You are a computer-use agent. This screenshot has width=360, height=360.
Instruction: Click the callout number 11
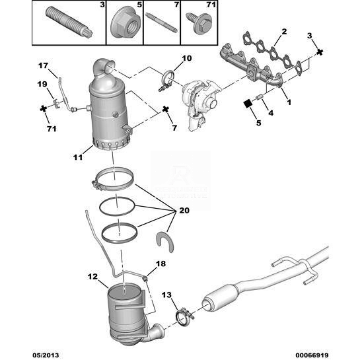point(78,157)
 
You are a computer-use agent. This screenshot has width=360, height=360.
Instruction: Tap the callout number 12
point(92,277)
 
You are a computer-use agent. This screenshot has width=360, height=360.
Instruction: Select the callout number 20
point(184,210)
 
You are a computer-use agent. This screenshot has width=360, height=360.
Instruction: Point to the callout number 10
point(187,58)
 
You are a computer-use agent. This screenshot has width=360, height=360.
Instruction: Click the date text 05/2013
point(46,355)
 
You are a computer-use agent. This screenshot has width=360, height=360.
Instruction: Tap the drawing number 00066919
point(312,355)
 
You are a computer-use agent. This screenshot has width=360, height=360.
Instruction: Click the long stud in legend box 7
point(161,22)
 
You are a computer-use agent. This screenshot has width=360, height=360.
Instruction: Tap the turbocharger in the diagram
point(199,103)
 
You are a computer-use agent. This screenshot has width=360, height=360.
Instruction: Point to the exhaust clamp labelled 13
point(184,316)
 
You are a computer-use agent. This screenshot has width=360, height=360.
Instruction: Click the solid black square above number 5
point(248,104)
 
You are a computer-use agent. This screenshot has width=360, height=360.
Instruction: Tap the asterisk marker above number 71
point(43,108)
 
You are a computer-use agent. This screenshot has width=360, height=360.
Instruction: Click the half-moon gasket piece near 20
point(165,242)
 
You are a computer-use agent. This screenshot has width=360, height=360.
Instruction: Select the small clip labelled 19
point(55,103)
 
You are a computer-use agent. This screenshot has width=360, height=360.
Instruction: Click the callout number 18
point(161,264)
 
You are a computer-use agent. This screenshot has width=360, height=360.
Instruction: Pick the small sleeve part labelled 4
point(260,97)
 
